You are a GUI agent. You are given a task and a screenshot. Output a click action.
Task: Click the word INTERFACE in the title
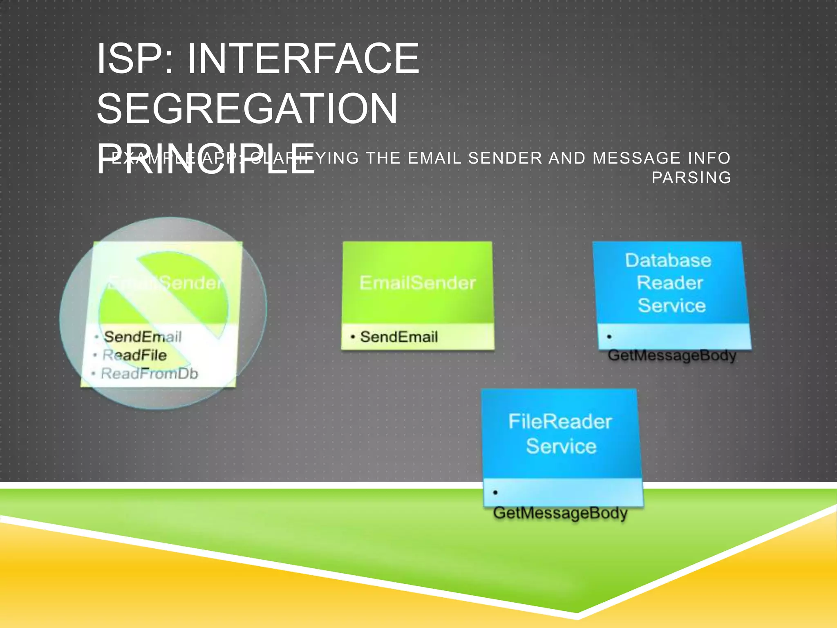point(303,59)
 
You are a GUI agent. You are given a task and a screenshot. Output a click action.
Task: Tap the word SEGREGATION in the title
point(247,109)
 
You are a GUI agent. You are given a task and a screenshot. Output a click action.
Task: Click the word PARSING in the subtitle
point(691,178)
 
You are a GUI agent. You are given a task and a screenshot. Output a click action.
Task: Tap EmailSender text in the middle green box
point(417,283)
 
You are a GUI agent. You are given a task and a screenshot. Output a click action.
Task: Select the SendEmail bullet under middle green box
point(398,337)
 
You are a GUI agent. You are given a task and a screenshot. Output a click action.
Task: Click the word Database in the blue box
point(668,260)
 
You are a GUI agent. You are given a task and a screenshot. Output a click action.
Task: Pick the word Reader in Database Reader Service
point(669,283)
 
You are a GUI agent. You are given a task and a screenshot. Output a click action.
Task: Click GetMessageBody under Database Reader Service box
point(671,355)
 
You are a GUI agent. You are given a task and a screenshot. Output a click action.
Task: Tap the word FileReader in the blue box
point(560,422)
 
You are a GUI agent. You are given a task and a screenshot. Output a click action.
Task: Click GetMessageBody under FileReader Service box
point(560,513)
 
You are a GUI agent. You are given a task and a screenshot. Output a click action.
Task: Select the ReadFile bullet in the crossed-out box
point(134,355)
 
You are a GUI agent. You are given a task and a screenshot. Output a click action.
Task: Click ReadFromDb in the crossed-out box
point(149,374)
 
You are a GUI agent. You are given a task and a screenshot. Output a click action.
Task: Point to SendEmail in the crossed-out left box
point(142,337)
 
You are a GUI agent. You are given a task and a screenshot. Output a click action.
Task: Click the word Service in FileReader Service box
point(561,446)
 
